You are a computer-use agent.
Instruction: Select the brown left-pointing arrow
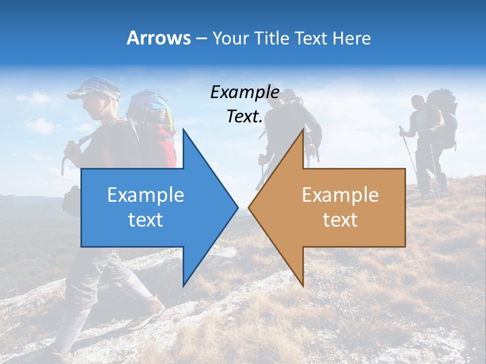[339, 207]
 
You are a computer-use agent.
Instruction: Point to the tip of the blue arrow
[237, 207]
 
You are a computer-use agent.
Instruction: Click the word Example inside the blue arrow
[146, 195]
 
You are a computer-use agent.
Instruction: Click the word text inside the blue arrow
[146, 219]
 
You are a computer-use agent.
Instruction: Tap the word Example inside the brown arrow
[340, 195]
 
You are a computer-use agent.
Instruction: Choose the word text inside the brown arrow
[340, 219]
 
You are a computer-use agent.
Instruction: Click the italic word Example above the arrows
[245, 92]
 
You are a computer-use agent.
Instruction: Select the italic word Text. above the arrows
[245, 117]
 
